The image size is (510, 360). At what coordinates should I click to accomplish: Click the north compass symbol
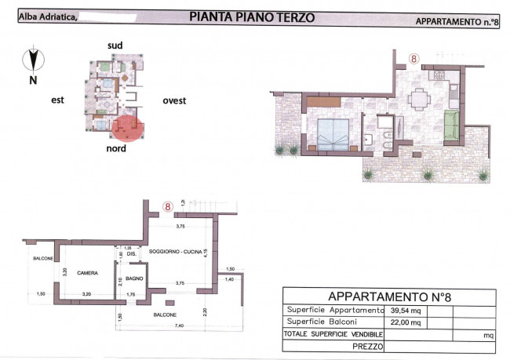[x=32, y=59]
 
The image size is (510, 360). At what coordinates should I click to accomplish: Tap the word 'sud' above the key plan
[x=115, y=45]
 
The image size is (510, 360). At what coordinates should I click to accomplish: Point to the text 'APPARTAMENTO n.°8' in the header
[x=457, y=21]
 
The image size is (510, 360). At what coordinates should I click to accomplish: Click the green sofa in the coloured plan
[x=451, y=126]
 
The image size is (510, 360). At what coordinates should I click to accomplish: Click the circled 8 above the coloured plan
[x=413, y=57]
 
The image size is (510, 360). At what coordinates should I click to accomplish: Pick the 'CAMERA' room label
[x=87, y=273]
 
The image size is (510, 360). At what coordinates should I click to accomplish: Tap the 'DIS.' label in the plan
[x=132, y=253]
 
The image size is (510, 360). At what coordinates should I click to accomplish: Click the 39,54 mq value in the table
[x=405, y=310]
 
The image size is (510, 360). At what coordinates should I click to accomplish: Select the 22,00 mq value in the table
[x=405, y=322]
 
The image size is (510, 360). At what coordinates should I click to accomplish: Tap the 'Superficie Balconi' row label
[x=322, y=322]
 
